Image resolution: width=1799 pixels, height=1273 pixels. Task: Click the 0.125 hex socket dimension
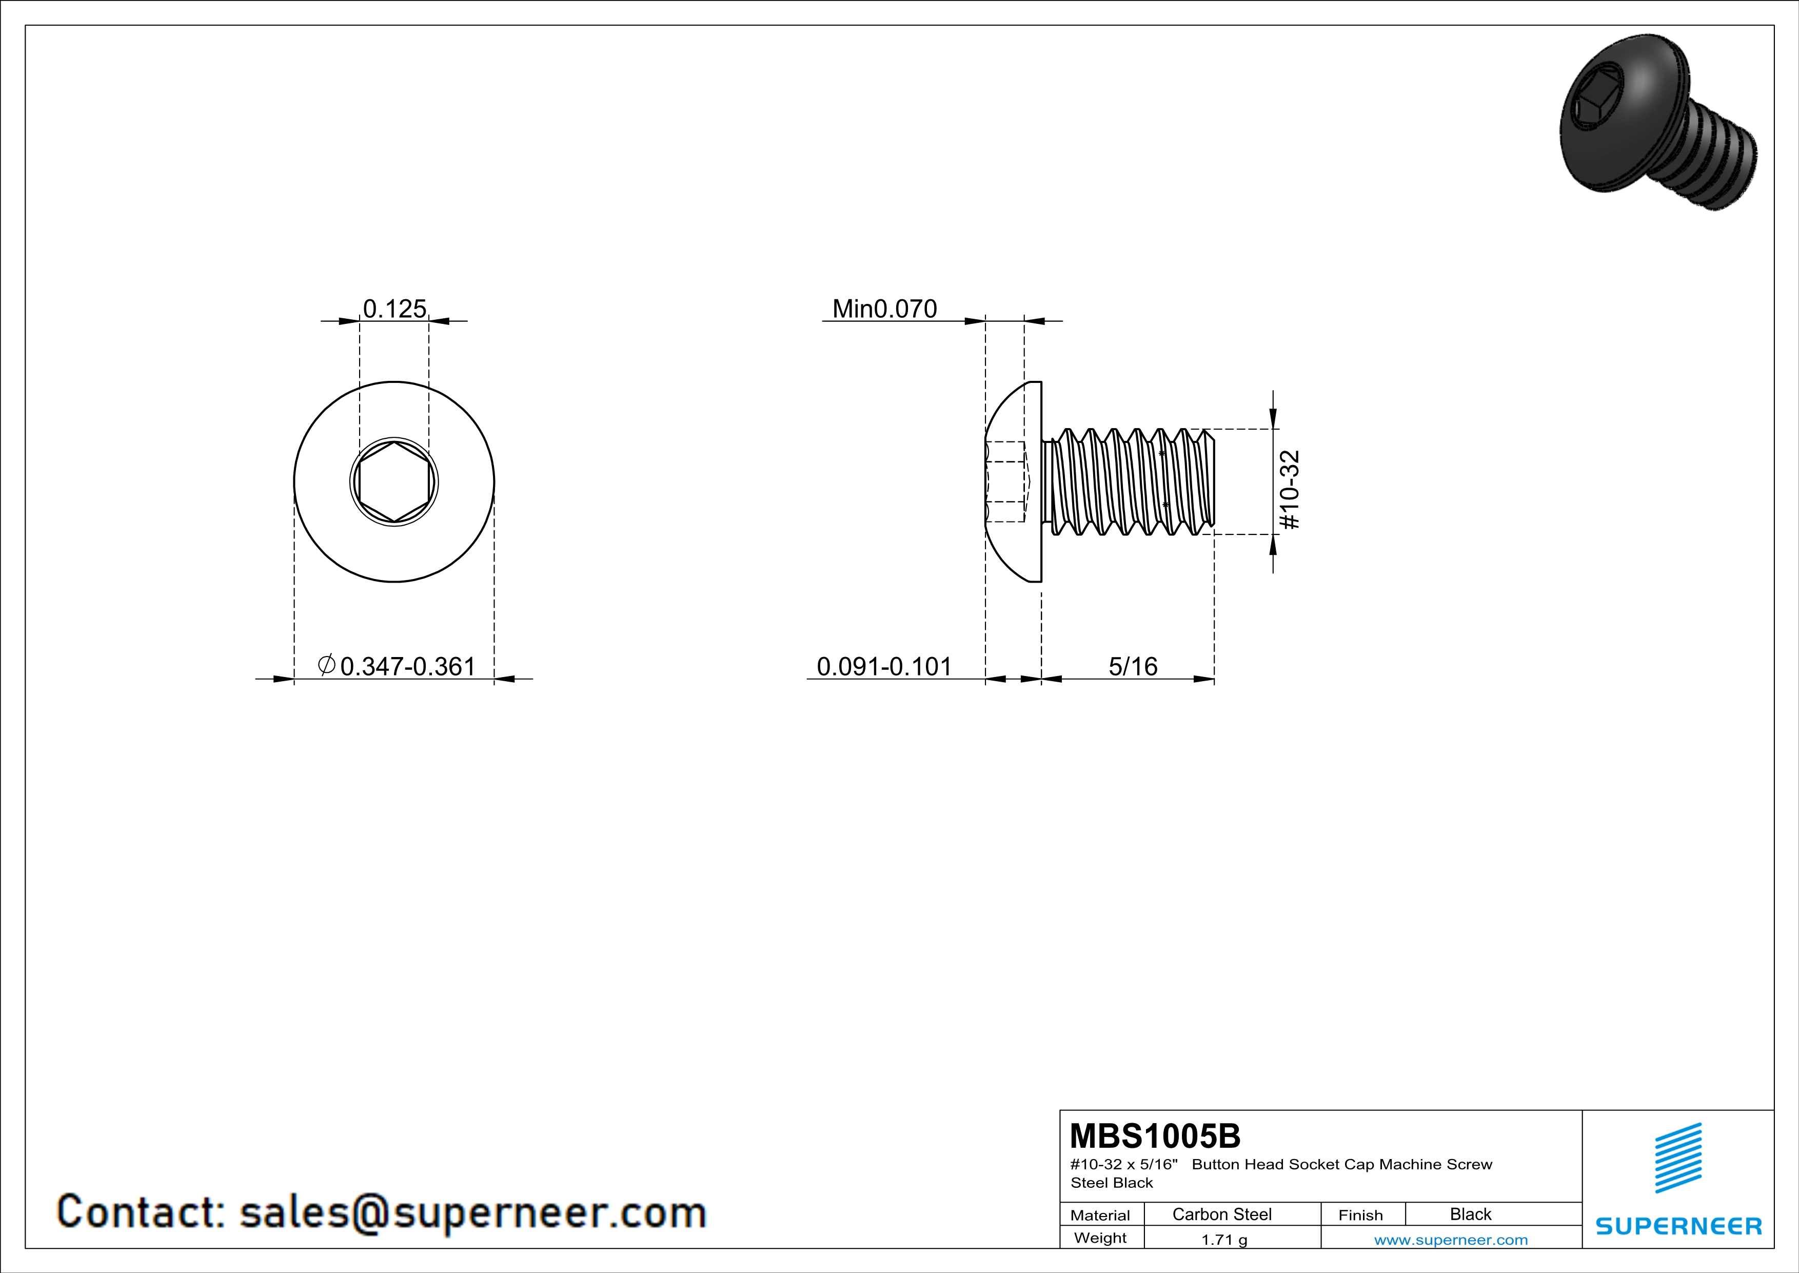(395, 309)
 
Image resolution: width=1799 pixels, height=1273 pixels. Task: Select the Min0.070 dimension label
(884, 309)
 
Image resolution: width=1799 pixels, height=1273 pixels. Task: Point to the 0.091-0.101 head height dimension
(884, 666)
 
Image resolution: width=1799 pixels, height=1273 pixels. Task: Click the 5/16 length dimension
(1133, 666)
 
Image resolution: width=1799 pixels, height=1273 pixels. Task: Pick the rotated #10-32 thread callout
(1289, 489)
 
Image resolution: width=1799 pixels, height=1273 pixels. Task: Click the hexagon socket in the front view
(394, 481)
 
